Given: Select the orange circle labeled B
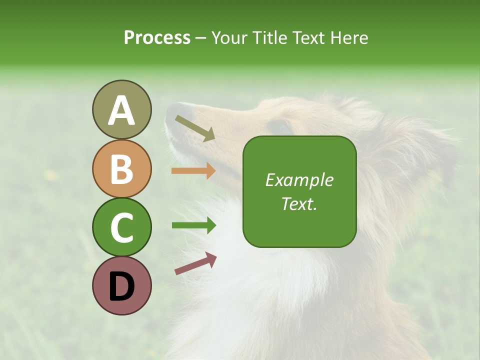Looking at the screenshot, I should coord(121,168).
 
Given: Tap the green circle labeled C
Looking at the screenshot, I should coord(121,227).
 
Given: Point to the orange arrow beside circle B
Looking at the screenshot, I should coord(193,171).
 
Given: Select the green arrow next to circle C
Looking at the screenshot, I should coord(193,225).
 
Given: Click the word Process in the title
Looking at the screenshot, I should coord(157,38).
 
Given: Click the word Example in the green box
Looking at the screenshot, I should coord(299,180).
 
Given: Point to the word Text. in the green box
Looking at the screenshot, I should coord(299,204).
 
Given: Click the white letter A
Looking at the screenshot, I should coord(121,111).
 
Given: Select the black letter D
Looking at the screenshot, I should coord(121,286).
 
